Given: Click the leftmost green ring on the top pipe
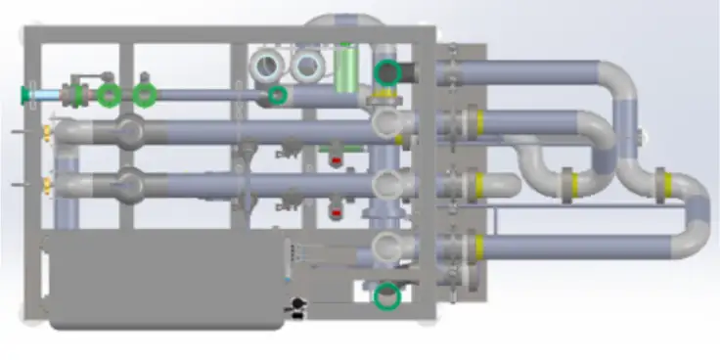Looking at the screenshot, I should tap(110, 94).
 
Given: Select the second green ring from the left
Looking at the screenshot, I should tap(145, 94).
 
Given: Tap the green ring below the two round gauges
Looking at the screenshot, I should tap(279, 95).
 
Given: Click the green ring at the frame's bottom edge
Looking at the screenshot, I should tap(388, 295).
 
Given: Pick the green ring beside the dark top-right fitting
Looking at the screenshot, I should tap(389, 71).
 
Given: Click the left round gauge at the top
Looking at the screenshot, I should tap(267, 66).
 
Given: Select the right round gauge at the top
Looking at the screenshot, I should tap(307, 66).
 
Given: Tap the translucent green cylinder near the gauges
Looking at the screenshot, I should tap(344, 68).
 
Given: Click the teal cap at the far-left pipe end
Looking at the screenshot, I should tap(24, 94).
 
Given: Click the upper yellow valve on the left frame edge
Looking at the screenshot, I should tap(46, 131).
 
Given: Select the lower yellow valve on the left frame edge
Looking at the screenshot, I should tap(46, 183).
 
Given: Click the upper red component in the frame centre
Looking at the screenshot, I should tap(337, 158).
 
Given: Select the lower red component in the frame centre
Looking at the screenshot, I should tap(337, 208).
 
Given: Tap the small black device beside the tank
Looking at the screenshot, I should tap(294, 309).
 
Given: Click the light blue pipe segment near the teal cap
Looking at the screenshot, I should tap(45, 94).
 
